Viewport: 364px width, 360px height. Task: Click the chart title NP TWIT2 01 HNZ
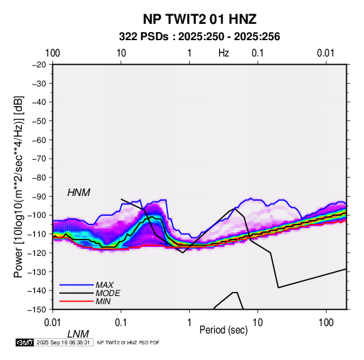[199, 19]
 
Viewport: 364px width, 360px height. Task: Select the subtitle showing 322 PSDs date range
[199, 37]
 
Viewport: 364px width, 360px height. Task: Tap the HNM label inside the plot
[79, 193]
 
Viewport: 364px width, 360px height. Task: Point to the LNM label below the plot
[78, 334]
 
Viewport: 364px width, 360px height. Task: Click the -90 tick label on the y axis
[39, 197]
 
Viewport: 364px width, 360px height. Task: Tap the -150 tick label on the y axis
[37, 310]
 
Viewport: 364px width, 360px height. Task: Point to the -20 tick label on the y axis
[39, 65]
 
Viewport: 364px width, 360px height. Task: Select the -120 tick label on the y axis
[37, 253]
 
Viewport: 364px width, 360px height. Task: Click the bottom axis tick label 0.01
[52, 323]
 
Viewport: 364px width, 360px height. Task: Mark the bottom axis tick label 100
[326, 323]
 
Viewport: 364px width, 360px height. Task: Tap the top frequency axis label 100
[52, 53]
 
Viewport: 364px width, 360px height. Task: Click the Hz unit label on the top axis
[224, 53]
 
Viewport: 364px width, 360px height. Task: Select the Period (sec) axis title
[224, 330]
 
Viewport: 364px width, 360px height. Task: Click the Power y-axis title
[18, 186]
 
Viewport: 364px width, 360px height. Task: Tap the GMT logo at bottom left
[25, 342]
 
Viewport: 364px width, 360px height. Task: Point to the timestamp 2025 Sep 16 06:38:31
[63, 342]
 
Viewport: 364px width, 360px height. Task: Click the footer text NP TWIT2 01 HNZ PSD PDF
[128, 342]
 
